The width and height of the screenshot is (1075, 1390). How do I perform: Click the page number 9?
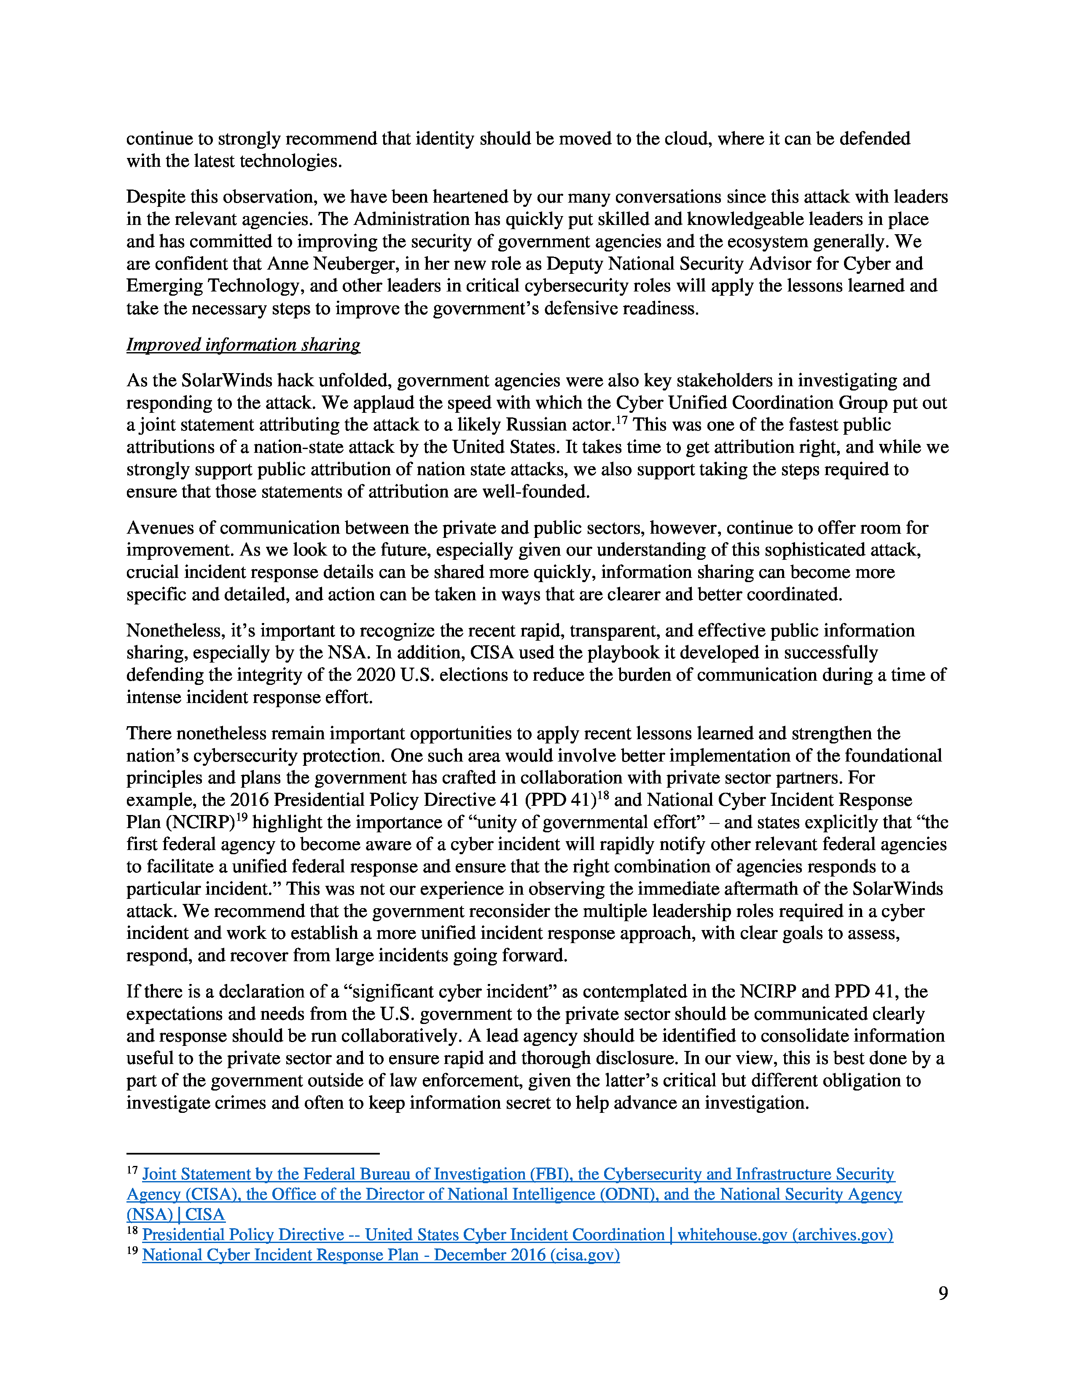943,1293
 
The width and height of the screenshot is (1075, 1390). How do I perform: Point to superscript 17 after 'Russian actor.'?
621,420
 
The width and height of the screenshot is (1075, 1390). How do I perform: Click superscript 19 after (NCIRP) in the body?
242,817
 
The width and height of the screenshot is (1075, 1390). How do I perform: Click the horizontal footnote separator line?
253,1152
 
